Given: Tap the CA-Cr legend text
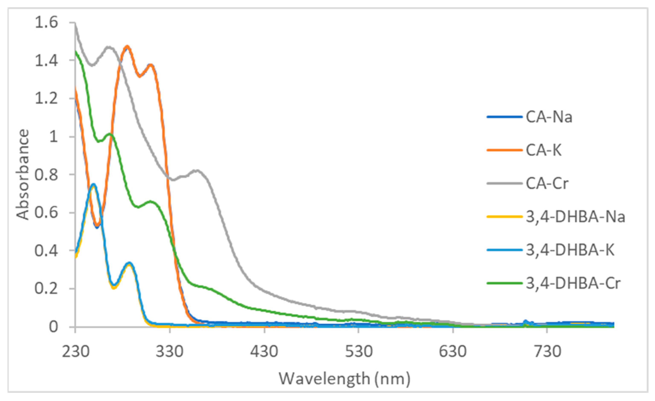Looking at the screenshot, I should click(x=547, y=184).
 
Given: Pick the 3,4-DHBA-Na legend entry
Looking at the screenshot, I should click(x=575, y=217).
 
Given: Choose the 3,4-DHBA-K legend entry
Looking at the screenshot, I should click(x=570, y=250).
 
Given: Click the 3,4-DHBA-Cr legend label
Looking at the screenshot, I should click(x=573, y=284).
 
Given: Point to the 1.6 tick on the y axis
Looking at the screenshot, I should click(x=46, y=23).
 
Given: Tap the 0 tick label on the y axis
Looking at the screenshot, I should click(x=53, y=327).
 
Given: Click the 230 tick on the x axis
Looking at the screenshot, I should click(x=75, y=352).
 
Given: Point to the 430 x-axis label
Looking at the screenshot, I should click(x=264, y=352).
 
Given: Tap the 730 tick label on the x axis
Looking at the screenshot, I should click(x=547, y=352).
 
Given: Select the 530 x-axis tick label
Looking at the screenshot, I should click(x=359, y=352).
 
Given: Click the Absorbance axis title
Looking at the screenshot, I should click(x=23, y=175).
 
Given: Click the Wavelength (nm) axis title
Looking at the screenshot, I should click(x=345, y=379).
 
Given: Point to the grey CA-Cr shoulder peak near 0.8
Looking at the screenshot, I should click(x=197, y=170).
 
